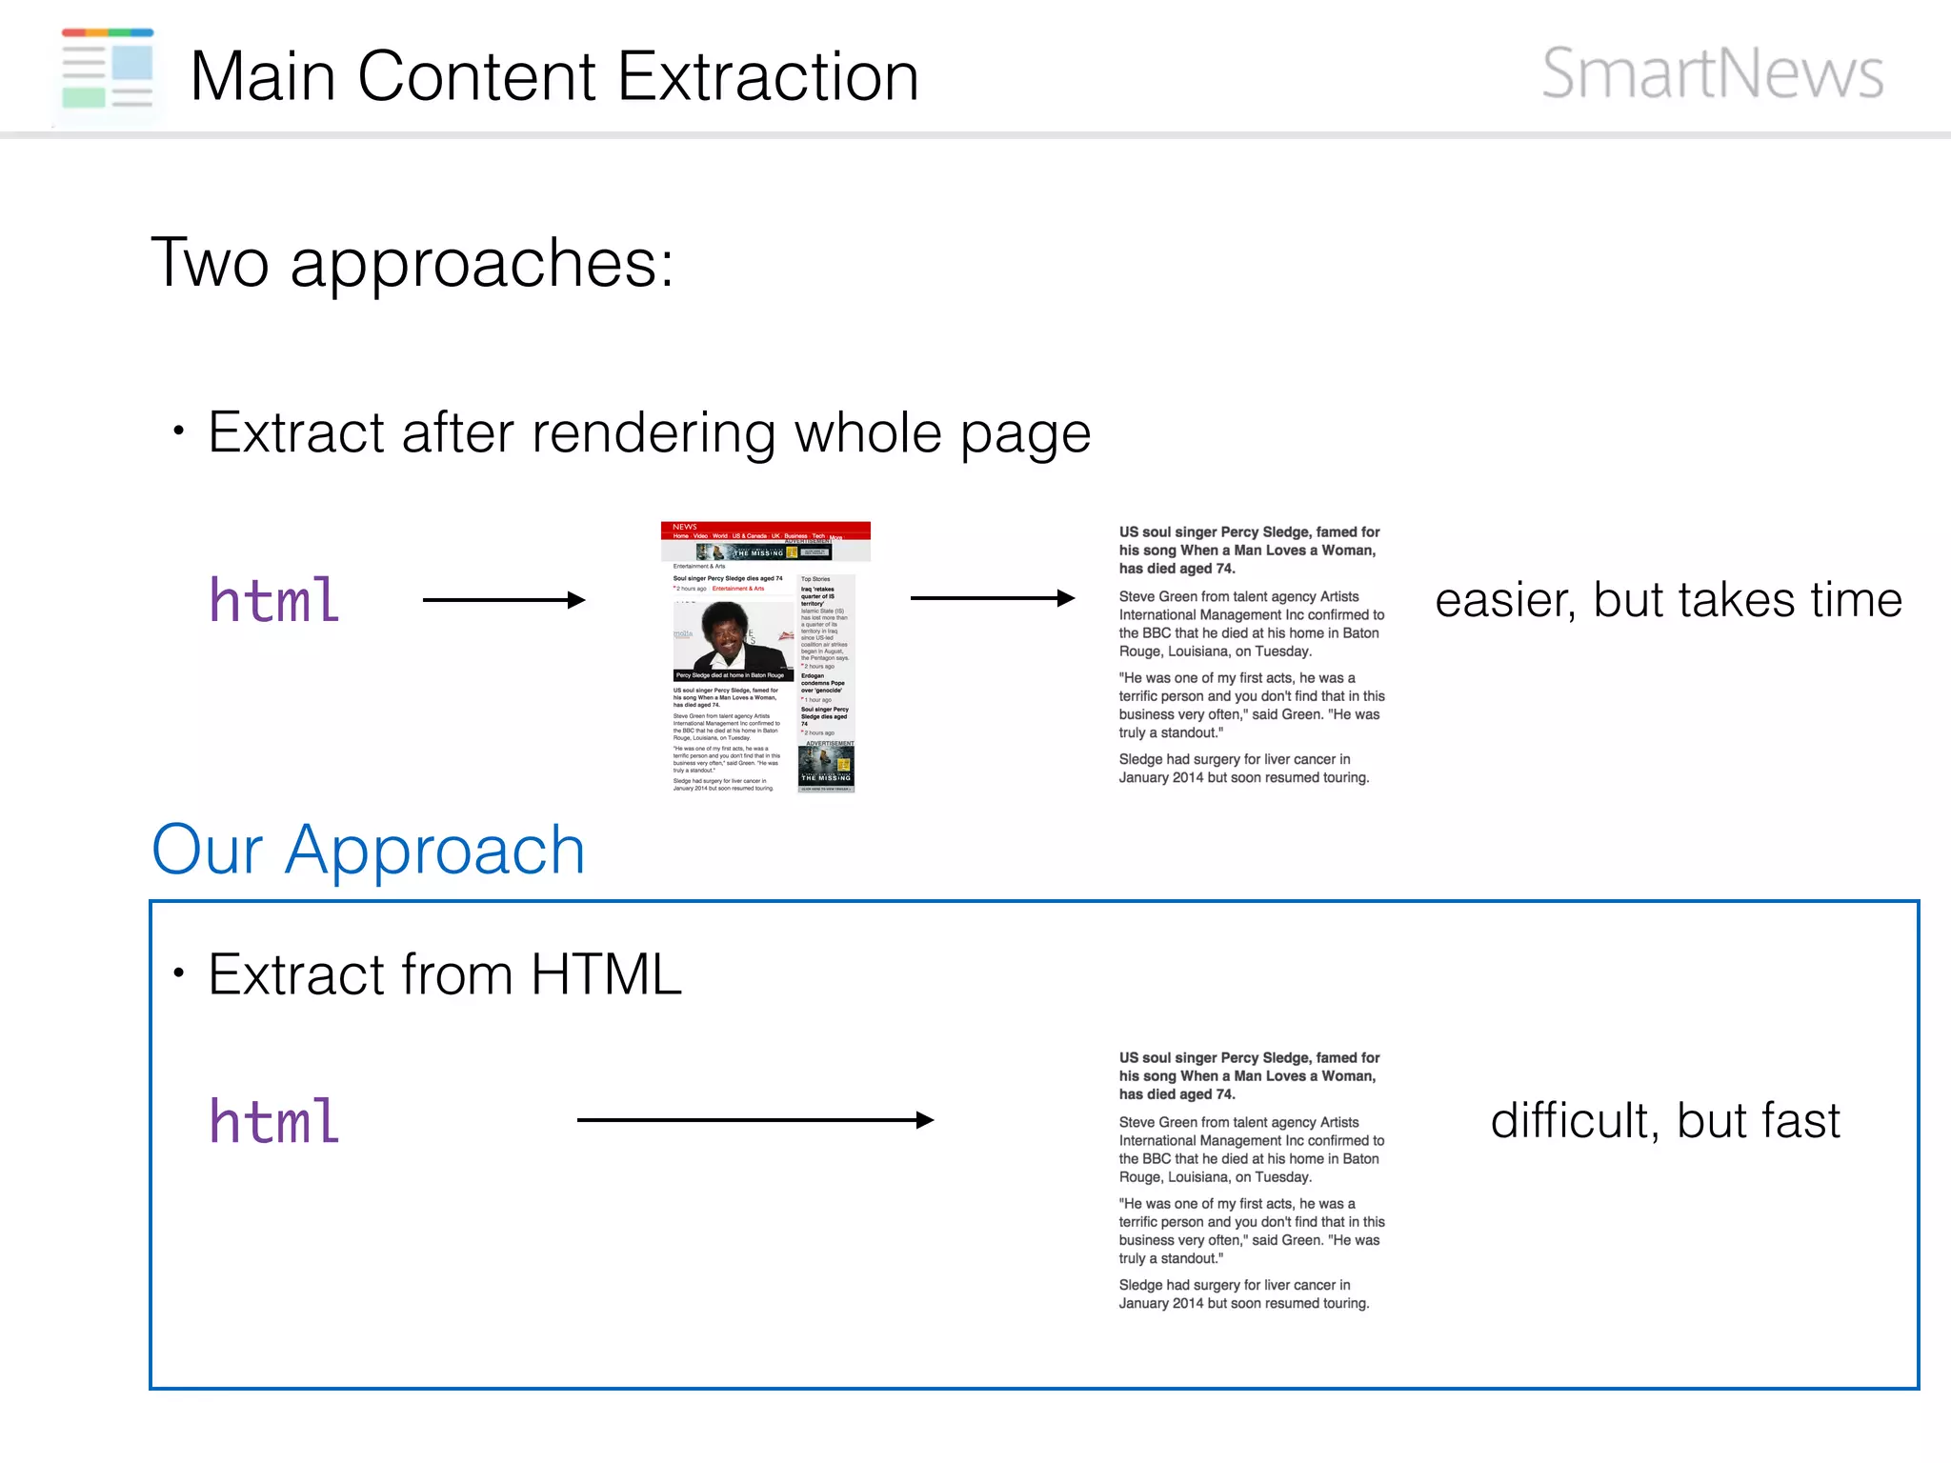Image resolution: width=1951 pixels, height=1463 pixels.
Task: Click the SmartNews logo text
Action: (1712, 73)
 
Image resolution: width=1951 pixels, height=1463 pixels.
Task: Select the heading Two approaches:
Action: (412, 263)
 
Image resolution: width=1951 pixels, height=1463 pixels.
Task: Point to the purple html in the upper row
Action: (274, 601)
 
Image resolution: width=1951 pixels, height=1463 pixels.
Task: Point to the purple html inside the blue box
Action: (274, 1121)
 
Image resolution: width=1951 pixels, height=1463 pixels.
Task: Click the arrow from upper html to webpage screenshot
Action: (503, 599)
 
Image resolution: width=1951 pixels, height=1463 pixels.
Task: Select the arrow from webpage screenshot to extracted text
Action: (992, 598)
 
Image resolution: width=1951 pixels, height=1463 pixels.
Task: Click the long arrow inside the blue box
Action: (754, 1120)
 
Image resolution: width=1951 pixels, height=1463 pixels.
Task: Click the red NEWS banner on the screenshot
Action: (765, 530)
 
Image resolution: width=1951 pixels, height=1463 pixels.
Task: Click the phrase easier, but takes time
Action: (1668, 601)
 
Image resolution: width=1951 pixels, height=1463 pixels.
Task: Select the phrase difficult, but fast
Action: (1664, 1121)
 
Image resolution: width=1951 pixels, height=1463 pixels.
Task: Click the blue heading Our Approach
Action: (368, 850)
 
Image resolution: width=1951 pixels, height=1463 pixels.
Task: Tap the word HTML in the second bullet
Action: (606, 974)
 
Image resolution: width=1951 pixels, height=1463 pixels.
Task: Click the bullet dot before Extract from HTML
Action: (178, 973)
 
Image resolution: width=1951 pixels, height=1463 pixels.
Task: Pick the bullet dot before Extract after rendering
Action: (178, 431)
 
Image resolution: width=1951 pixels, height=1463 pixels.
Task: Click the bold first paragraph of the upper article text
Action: (1249, 551)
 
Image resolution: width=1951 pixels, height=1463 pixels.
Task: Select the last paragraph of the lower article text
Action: (1243, 1294)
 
